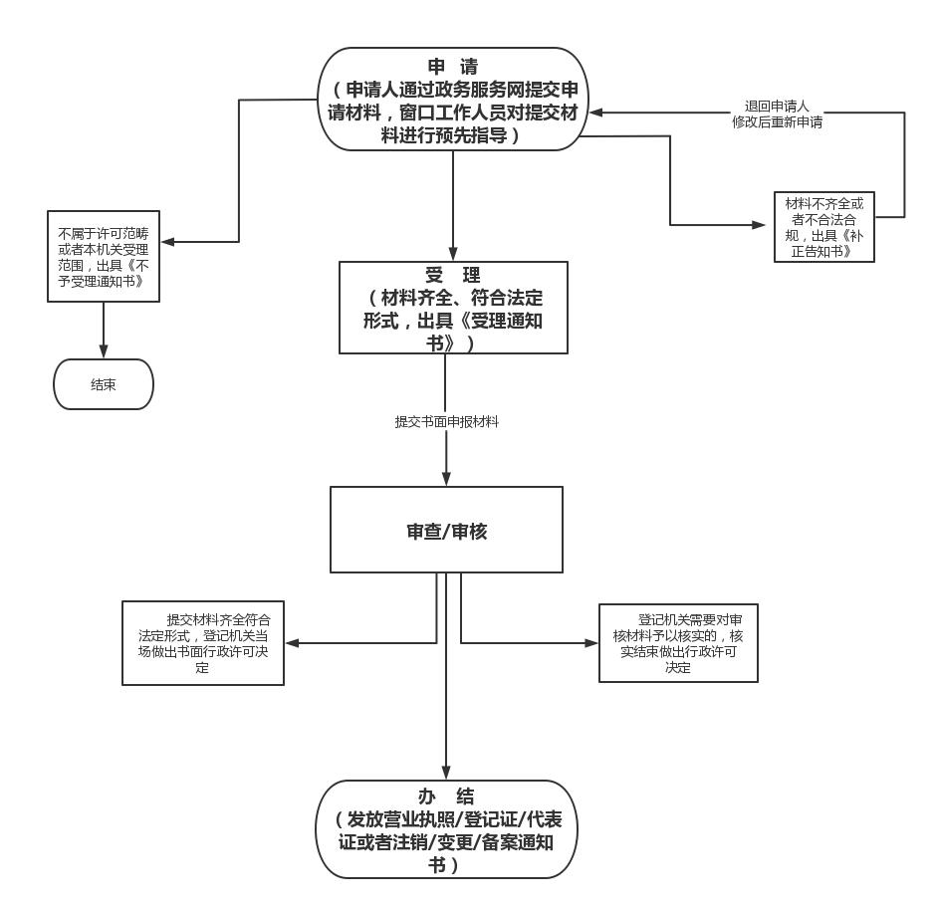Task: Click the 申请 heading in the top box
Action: point(453,68)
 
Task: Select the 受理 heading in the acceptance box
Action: point(453,276)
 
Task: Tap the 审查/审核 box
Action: point(446,530)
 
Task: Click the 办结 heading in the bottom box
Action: point(446,796)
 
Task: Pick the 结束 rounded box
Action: point(104,384)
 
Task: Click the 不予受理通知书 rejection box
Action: point(104,256)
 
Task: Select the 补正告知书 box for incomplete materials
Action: point(823,226)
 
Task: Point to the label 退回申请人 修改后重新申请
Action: point(777,114)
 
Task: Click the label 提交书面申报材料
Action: point(446,422)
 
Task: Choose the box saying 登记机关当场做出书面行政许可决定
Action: point(203,642)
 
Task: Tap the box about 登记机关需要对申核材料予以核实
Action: point(677,642)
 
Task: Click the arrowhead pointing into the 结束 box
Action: point(104,352)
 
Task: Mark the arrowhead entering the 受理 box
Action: point(453,254)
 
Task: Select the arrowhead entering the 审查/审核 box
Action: point(446,479)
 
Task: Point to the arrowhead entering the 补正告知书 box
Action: point(767,226)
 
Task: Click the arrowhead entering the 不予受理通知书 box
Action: point(168,241)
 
